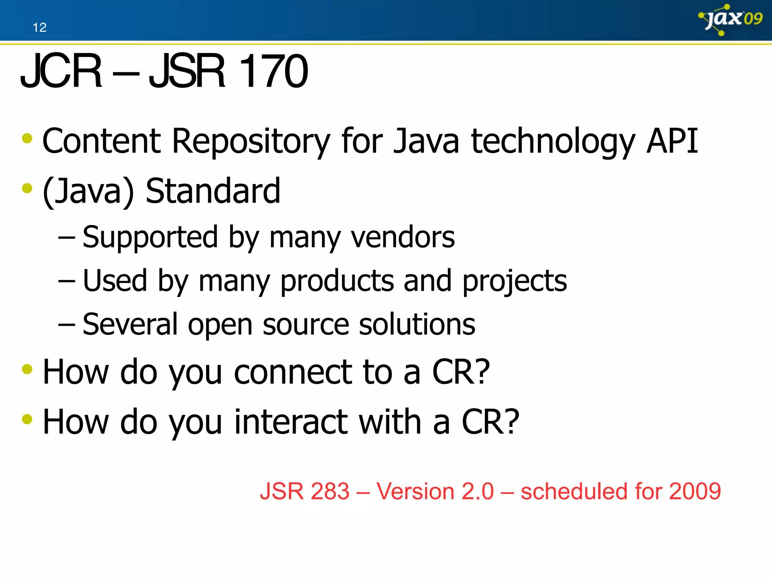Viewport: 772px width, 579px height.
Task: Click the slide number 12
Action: (40, 28)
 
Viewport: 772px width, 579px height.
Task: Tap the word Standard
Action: (213, 191)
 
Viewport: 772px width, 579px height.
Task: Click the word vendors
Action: (403, 237)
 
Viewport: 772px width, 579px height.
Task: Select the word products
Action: (337, 281)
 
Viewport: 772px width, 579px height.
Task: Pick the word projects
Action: (515, 281)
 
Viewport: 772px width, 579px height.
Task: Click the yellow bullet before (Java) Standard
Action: (27, 188)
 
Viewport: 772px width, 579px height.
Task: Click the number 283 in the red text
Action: (330, 492)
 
